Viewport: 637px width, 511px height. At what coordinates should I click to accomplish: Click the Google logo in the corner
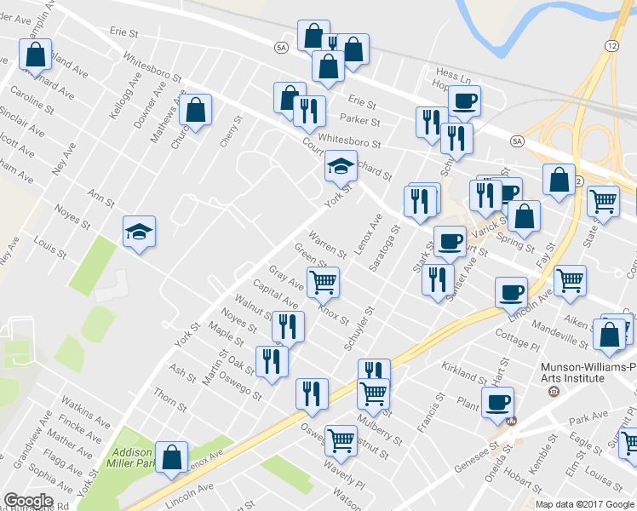click(28, 501)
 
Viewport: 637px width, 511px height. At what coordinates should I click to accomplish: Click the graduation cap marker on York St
click(341, 164)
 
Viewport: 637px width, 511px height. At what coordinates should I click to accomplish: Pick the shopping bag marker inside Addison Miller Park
click(172, 456)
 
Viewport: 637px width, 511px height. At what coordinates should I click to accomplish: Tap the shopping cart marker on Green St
click(323, 282)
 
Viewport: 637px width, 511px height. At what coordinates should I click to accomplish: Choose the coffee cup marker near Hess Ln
click(464, 101)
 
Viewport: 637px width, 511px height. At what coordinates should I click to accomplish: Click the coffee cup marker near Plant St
click(497, 402)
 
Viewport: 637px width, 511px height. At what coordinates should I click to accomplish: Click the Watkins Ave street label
click(85, 408)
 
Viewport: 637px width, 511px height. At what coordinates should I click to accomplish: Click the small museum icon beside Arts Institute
click(554, 391)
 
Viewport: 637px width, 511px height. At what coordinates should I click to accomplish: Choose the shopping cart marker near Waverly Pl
click(341, 440)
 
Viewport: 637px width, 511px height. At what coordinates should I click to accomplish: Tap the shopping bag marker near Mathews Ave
click(196, 110)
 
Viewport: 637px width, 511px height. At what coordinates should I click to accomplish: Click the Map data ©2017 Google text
click(585, 504)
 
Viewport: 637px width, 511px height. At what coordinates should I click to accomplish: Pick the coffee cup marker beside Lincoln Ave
click(512, 292)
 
